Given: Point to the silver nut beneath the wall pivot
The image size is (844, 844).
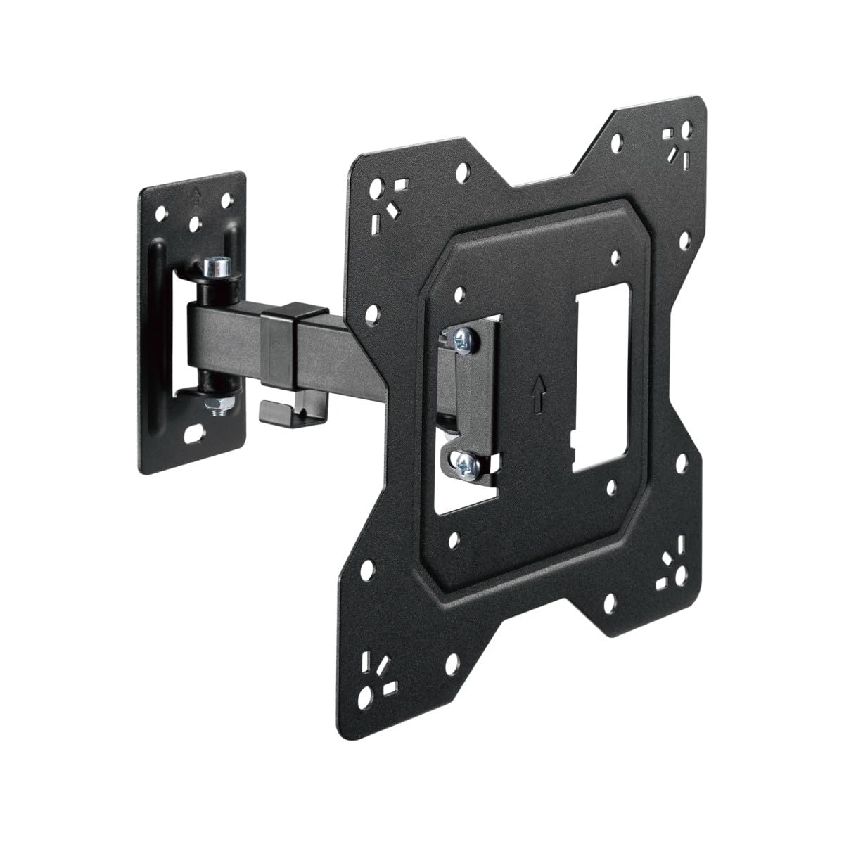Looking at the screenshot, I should pos(210,406).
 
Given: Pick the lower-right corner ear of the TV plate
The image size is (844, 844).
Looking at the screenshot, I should pos(668,563).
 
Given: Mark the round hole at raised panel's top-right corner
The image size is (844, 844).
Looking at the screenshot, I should pos(616,257).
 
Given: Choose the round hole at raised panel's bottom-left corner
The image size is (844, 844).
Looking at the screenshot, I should pos(454,539).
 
